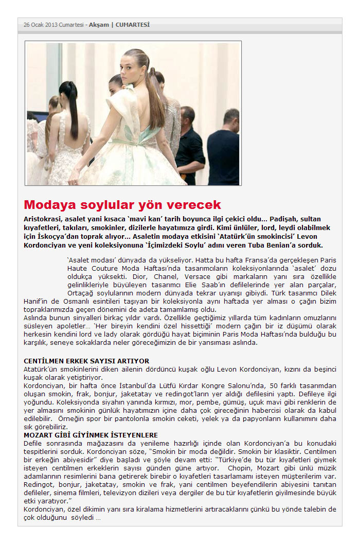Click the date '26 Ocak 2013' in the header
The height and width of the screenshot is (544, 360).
(x=40, y=24)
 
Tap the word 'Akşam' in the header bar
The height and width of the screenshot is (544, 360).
(x=99, y=24)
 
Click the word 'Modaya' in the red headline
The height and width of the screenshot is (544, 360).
(x=50, y=204)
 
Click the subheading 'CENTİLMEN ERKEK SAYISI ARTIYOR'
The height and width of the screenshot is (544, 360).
(x=86, y=361)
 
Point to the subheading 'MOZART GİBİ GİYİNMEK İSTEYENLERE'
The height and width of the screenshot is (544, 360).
(x=91, y=435)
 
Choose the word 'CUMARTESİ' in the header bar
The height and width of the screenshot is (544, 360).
(x=132, y=24)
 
